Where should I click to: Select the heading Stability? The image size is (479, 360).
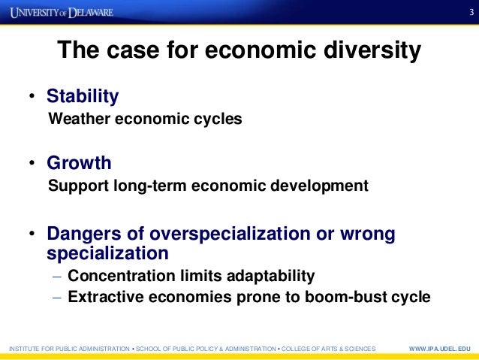click(x=83, y=96)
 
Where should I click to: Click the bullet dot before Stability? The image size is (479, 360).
click(x=32, y=97)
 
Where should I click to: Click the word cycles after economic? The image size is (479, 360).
click(x=217, y=119)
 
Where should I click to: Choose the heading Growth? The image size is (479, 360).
click(x=79, y=163)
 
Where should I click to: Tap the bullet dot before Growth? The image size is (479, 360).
click(x=32, y=164)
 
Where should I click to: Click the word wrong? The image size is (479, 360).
click(x=369, y=234)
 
